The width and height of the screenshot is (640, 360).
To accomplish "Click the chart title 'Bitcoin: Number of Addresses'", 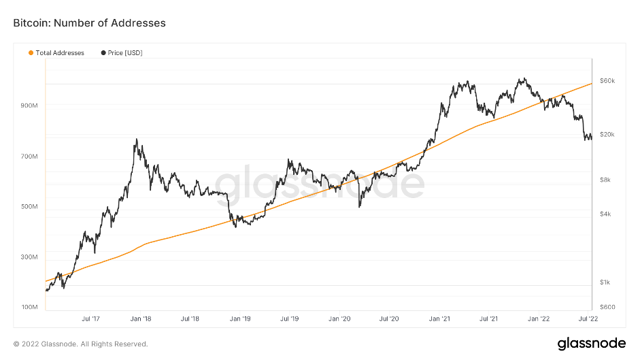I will point(90,23).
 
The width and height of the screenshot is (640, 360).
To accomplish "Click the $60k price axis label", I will point(607,81).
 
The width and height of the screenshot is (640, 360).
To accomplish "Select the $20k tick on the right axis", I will point(607,134).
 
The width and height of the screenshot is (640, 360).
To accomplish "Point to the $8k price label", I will point(605,180).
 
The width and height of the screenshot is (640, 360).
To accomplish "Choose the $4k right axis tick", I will point(605,214).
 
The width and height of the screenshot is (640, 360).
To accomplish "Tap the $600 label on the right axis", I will point(607,307).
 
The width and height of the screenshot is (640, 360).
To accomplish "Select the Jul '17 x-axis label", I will point(91,318).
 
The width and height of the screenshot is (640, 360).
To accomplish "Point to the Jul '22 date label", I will point(587,318).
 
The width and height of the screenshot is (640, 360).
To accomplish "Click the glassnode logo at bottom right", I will point(587,343).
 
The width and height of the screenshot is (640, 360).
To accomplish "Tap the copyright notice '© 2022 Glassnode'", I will point(80,344).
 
